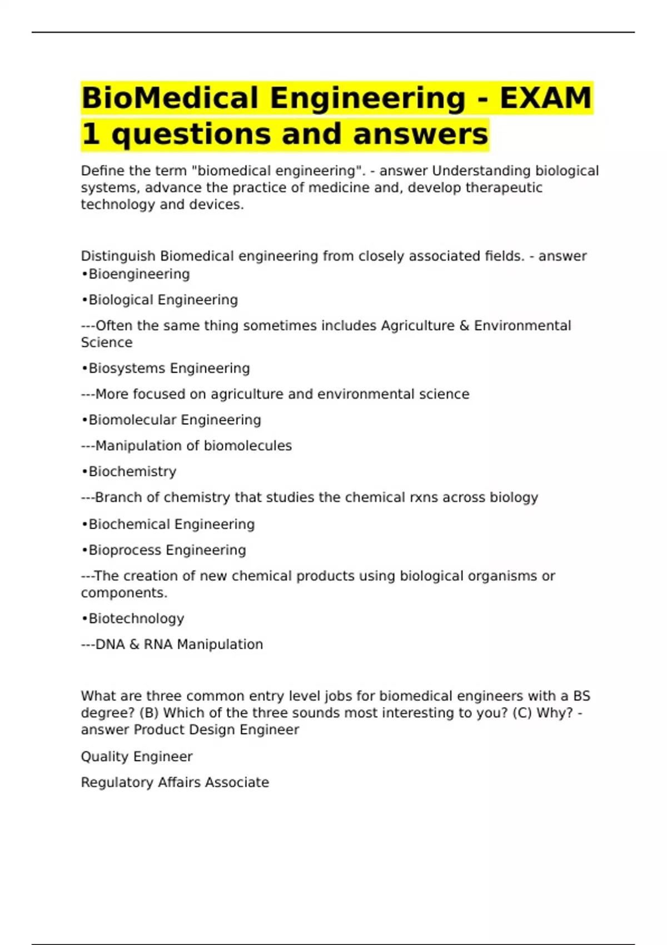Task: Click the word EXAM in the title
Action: click(545, 98)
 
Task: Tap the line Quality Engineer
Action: click(137, 757)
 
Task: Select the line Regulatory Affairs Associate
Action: click(175, 783)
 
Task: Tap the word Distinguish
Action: click(118, 256)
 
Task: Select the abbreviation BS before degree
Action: click(581, 696)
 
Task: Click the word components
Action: click(123, 593)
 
